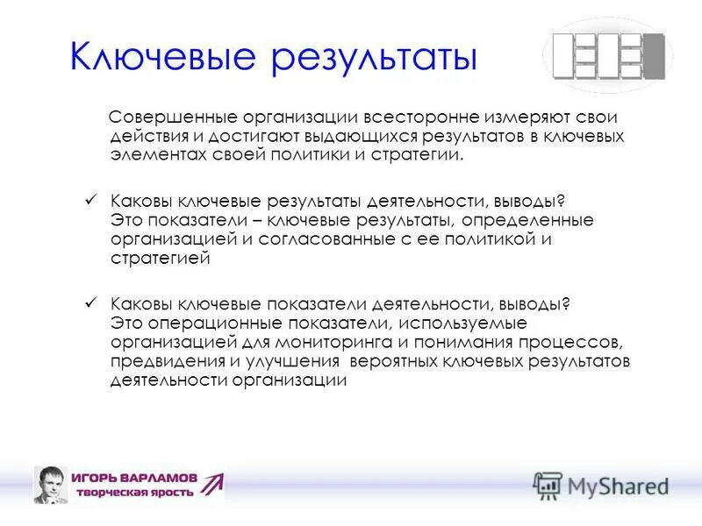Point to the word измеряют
(x=501, y=117)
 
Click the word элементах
(x=152, y=154)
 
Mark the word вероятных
(x=392, y=360)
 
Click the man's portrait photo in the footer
(x=52, y=485)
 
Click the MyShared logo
(x=601, y=485)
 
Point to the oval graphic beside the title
(x=608, y=55)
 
